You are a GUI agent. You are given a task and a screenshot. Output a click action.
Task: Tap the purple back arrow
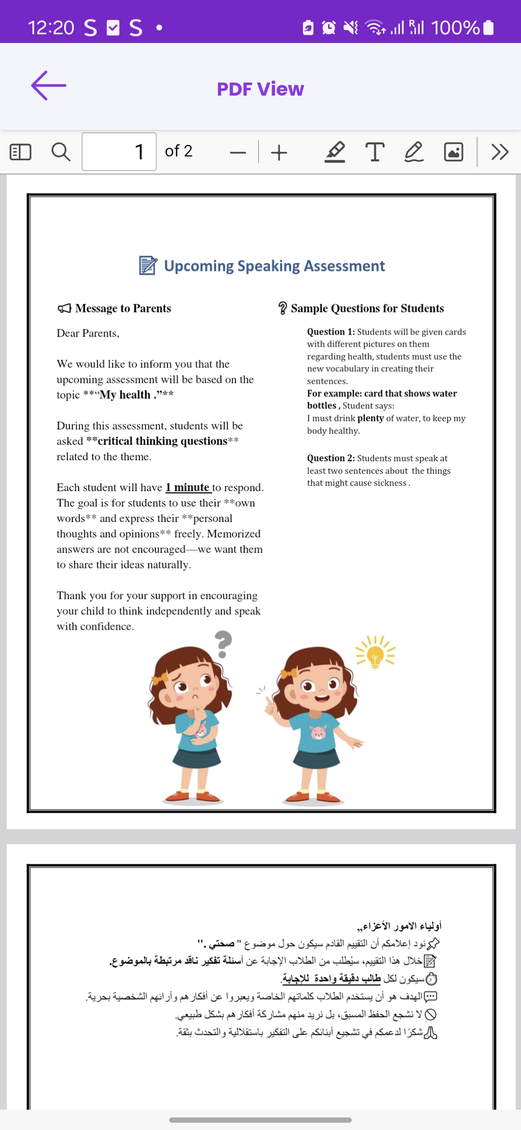48,86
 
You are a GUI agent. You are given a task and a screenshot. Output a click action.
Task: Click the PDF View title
260,89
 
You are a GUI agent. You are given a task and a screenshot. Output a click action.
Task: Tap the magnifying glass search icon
61,152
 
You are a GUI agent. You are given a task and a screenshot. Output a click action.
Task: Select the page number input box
119,152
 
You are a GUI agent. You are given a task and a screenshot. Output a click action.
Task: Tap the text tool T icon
375,152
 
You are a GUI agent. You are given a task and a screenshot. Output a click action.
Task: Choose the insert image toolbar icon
453,152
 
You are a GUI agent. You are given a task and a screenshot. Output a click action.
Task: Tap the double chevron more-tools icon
500,152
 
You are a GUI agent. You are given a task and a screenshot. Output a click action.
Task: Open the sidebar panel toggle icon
20,152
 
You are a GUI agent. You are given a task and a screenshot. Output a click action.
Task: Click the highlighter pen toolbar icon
335,152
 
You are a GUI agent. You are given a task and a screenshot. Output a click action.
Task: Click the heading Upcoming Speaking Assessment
274,266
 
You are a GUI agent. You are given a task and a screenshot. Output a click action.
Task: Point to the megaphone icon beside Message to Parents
64,308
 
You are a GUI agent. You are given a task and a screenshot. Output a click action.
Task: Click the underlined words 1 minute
188,487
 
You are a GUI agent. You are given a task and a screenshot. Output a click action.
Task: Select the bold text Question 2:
331,458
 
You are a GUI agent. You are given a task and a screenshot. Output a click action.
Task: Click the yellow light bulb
375,654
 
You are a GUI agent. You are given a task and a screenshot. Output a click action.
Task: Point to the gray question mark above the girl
222,643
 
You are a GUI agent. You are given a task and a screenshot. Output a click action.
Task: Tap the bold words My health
125,395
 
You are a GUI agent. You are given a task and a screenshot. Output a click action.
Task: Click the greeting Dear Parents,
88,333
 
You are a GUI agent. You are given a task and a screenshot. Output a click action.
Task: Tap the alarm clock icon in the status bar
329,28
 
